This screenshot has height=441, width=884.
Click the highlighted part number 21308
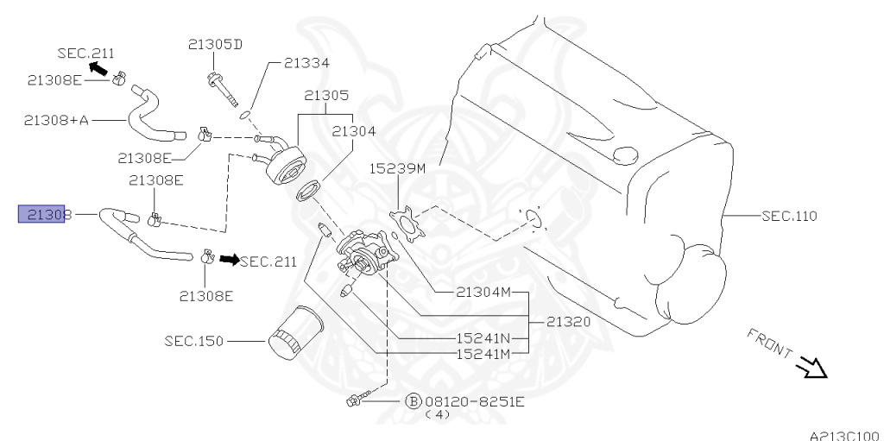click(43, 214)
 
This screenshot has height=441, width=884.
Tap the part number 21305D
click(215, 45)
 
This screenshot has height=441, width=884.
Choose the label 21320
click(568, 321)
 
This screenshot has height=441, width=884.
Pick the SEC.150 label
click(193, 341)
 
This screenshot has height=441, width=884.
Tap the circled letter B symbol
click(413, 401)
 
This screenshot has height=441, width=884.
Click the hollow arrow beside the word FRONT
click(812, 369)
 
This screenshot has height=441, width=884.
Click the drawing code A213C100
click(844, 435)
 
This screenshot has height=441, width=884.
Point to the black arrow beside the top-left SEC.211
click(98, 67)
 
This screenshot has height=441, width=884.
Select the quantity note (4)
click(438, 415)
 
